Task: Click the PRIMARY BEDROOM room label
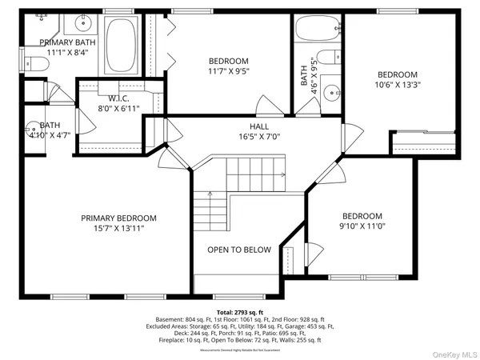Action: coord(118,218)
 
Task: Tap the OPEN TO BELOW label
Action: coord(239,250)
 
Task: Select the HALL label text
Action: coord(258,126)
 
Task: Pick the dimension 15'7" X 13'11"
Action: coord(118,228)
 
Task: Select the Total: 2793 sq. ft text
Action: coord(239,313)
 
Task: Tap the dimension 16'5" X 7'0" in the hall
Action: coord(258,137)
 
